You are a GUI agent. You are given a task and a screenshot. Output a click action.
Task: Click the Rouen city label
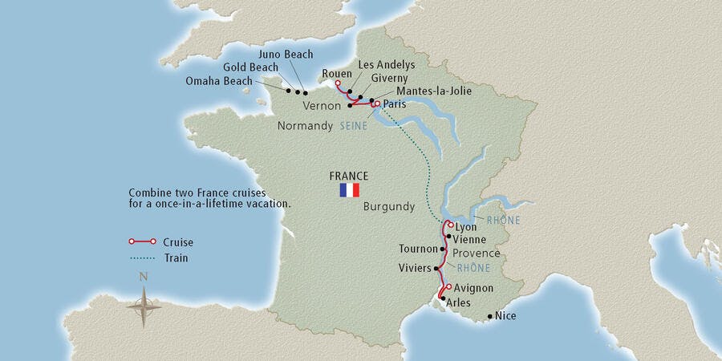(x=337, y=74)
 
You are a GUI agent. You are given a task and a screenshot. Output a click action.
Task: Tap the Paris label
(x=395, y=104)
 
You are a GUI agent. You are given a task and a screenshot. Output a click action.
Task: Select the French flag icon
(x=350, y=191)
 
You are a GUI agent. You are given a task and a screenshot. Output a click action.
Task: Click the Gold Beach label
(x=251, y=67)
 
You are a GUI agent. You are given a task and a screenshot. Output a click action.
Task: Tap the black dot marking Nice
(x=489, y=317)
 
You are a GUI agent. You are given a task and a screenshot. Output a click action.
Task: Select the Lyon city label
(x=465, y=227)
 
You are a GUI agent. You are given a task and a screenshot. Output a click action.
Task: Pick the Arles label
(x=458, y=302)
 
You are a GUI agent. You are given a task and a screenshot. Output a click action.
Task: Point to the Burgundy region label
(x=389, y=206)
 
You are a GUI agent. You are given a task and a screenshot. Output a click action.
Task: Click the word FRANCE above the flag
(x=349, y=176)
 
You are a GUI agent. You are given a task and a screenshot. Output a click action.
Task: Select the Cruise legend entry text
(x=176, y=242)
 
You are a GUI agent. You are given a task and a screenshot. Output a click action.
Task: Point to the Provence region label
(x=477, y=253)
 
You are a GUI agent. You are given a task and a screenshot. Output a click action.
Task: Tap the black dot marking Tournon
(x=442, y=249)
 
